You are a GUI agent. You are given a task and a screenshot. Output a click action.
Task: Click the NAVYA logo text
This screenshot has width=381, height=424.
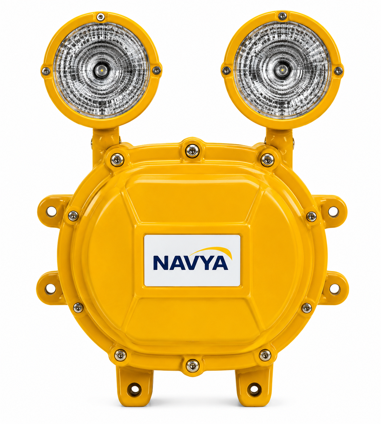[190, 263]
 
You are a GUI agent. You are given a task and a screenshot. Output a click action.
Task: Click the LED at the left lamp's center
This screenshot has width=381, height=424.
[101, 69]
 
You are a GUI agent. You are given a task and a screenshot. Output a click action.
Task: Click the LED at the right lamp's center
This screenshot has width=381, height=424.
[282, 69]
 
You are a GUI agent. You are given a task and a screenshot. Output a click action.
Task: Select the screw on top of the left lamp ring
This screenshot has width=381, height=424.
[101, 17]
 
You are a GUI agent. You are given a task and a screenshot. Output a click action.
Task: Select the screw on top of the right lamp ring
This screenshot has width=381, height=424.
[282, 16]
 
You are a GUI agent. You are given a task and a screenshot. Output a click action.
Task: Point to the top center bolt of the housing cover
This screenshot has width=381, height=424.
[192, 151]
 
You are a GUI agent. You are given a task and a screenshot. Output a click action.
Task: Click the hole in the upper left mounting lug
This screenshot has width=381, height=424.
[51, 211]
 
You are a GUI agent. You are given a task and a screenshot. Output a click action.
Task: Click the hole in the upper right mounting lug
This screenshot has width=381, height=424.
[333, 212]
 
